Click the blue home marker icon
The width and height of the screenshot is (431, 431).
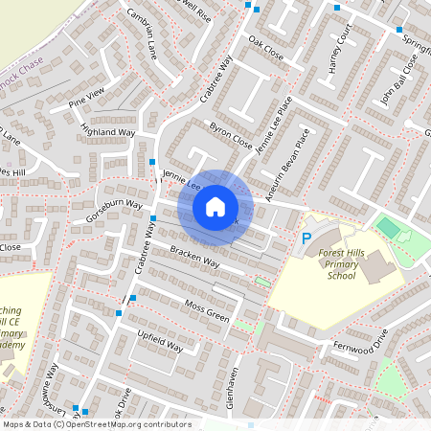click(x=215, y=206)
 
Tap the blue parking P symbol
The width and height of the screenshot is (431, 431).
click(x=306, y=238)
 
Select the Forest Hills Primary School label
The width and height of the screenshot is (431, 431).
click(x=341, y=263)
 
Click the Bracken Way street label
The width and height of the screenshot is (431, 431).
click(x=194, y=257)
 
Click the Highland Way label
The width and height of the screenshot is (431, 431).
click(x=108, y=131)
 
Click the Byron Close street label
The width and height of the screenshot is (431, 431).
click(x=230, y=136)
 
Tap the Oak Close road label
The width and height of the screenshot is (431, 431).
click(x=265, y=48)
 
